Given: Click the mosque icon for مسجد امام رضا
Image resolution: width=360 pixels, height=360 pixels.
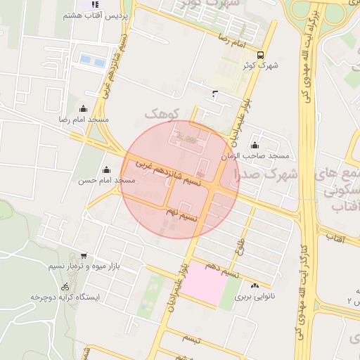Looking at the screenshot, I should coord(84,108).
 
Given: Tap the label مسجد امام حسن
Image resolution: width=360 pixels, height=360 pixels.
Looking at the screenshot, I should coord(106,181).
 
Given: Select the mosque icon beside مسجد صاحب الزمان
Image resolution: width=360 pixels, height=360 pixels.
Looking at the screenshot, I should coord(254,145).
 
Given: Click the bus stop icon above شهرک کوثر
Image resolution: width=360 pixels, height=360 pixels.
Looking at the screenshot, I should coord(261,54).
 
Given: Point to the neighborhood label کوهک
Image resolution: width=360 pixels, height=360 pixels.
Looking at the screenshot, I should coord(162,112).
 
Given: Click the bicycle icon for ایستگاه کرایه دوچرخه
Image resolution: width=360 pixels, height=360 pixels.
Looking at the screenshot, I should coord(65,286).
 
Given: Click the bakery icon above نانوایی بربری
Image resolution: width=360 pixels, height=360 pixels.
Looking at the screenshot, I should coord(254,285).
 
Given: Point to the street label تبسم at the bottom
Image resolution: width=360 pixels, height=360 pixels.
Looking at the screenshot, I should coord(191,340).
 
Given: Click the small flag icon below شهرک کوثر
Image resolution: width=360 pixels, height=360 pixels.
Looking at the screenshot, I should coord(214,92).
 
